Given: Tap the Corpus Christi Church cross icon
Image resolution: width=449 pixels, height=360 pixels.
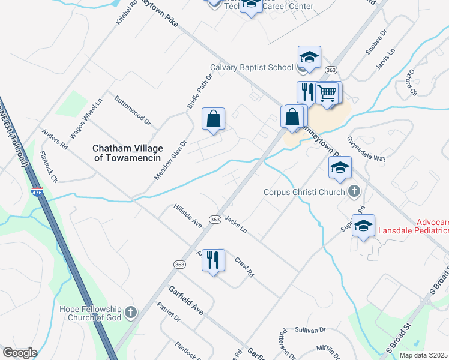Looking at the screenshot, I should [354, 192].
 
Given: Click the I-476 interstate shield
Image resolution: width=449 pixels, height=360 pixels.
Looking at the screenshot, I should [37, 193].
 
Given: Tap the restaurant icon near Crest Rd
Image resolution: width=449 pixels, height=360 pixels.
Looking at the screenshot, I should [213, 260].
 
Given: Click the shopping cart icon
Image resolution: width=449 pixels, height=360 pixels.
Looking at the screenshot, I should [327, 93].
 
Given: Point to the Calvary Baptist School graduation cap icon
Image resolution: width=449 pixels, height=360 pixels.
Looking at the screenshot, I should [310, 58].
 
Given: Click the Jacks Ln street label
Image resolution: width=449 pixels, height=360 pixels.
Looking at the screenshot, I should [235, 226].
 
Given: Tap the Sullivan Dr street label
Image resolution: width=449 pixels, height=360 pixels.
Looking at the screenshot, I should [310, 330].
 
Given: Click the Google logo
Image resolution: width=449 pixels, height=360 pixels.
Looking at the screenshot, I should [20, 353].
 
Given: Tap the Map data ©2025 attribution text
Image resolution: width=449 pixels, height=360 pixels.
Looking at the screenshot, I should [424, 355].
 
